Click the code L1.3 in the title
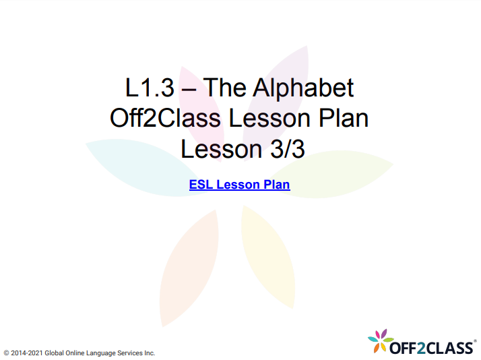coord(147,88)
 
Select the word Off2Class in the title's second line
coord(165,119)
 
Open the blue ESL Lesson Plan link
coord(239,184)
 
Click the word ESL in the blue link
coord(201,184)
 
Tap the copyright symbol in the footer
coord(6,353)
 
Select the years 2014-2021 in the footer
coord(28,353)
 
